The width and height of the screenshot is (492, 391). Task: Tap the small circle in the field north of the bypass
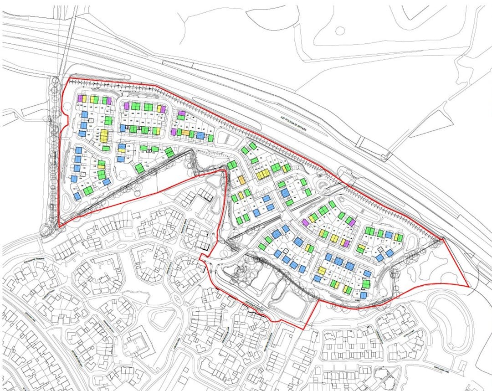(x=340, y=31)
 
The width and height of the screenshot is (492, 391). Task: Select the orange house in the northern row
(x=186, y=133)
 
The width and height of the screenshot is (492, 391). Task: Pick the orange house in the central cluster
(x=242, y=180)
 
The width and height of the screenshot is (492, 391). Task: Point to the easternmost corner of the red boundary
(x=469, y=286)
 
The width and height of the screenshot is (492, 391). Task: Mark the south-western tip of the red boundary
(x=59, y=226)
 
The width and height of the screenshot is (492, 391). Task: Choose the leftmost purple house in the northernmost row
(x=80, y=98)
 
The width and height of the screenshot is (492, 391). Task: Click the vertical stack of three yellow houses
(x=104, y=135)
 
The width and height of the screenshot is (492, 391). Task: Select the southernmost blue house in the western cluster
(x=77, y=195)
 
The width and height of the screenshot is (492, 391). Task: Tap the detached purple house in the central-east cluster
(x=305, y=222)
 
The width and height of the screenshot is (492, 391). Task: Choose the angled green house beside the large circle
(x=139, y=168)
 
